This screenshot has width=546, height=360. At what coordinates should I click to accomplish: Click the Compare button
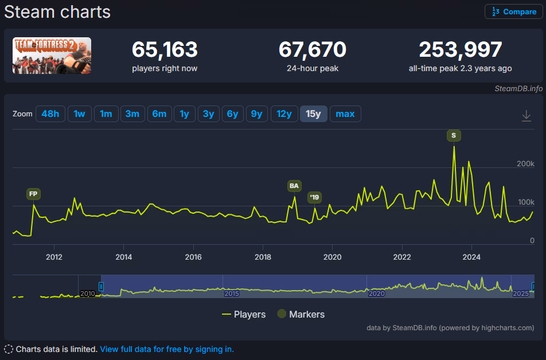pos(514,12)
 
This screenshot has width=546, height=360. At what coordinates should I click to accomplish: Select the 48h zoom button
pos(50,114)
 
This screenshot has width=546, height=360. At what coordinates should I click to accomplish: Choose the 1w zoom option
pos(79,114)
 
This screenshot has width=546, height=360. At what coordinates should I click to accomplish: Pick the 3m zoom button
pos(132,114)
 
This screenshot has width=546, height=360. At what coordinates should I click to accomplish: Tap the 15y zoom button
pos(313,114)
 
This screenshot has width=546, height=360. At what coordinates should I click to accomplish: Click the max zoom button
pos(345,114)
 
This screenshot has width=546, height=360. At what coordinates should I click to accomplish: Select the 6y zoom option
pos(233,114)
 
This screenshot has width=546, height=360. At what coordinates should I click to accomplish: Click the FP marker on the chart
pos(33,194)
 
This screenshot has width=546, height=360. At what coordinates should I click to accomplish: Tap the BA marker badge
pos(294,186)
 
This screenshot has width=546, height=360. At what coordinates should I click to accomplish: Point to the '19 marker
pos(314,197)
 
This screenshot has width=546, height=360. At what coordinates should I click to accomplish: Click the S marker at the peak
pos(454,135)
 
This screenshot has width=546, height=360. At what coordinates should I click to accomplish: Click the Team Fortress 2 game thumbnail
pos(52,56)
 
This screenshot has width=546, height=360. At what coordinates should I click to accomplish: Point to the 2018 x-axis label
pos(263,257)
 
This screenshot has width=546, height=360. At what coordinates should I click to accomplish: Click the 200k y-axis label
pos(525,163)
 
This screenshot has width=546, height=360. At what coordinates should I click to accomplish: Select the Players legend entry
pos(244,314)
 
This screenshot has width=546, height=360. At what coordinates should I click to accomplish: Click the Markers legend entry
pos(301,314)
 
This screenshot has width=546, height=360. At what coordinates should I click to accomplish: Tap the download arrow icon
pos(526,116)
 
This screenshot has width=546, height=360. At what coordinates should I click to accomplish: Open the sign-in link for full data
pos(167,349)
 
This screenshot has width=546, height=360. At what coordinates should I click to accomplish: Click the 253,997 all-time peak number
pos(461,49)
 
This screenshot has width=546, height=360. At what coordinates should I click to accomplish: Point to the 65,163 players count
pos(165,49)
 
